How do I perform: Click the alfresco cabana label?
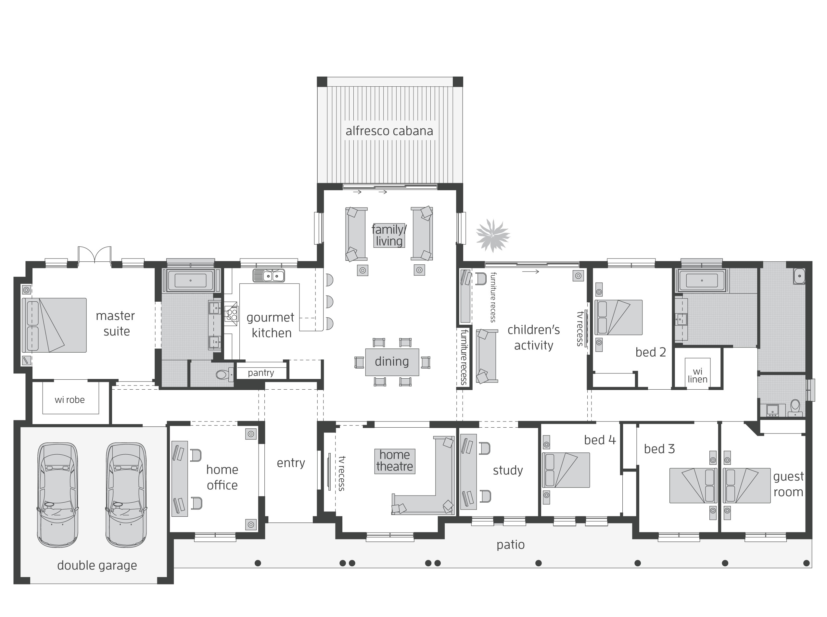pyautogui.click(x=389, y=131)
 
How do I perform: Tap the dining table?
pyautogui.click(x=391, y=361)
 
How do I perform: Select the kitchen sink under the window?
pyautogui.click(x=268, y=276)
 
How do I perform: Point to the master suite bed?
pyautogui.click(x=55, y=325)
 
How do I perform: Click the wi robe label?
pyautogui.click(x=70, y=400)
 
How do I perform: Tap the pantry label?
pyautogui.click(x=261, y=372)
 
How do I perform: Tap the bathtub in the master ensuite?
pyautogui.click(x=190, y=280)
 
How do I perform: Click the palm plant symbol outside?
pyautogui.click(x=493, y=236)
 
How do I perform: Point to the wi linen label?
pyautogui.click(x=697, y=375)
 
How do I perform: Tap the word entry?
pyautogui.click(x=291, y=463)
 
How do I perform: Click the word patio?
pyautogui.click(x=510, y=545)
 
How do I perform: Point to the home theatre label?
pyautogui.click(x=394, y=461)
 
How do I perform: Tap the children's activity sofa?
pyautogui.click(x=487, y=356)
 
